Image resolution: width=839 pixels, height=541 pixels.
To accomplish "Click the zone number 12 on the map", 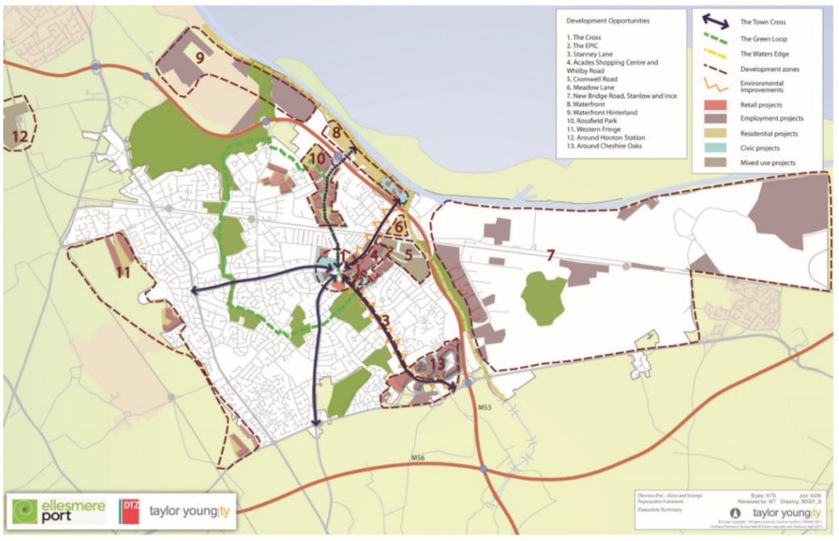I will tap(20, 137).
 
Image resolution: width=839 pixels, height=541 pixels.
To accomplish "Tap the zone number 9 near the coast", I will tap(200, 58).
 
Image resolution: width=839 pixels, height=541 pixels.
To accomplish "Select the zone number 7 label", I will tap(551, 256).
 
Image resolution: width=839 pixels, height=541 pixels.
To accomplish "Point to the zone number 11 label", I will tap(123, 273).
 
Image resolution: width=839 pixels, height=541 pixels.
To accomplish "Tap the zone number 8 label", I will tap(337, 129).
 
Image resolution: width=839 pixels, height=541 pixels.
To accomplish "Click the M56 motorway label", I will tap(417, 457).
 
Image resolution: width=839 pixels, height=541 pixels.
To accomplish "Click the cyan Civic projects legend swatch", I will tap(711, 147).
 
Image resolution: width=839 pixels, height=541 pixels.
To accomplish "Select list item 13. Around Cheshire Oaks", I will tap(608, 147).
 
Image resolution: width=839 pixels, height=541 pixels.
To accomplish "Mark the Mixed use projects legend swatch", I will tap(711, 162).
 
